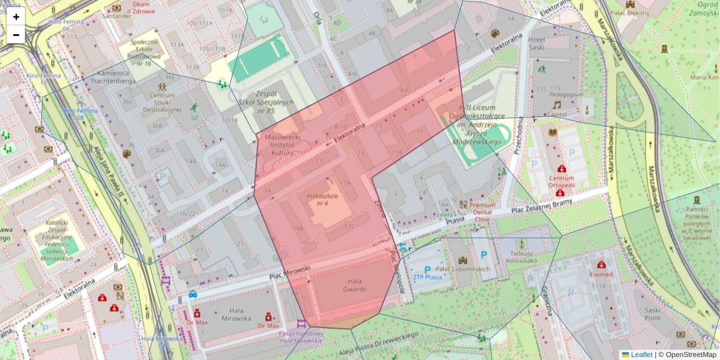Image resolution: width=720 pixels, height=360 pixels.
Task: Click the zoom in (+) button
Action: (16, 17)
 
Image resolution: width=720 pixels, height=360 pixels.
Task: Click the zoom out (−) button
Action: (16, 35)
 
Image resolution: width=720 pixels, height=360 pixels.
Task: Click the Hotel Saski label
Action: (544, 43)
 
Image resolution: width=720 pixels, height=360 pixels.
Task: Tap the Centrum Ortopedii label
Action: (561, 181)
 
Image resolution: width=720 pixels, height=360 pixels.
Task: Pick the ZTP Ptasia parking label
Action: (427, 277)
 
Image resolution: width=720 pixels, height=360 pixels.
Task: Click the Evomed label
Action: (601, 274)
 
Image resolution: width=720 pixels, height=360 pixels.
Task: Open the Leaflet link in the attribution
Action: (641, 355)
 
